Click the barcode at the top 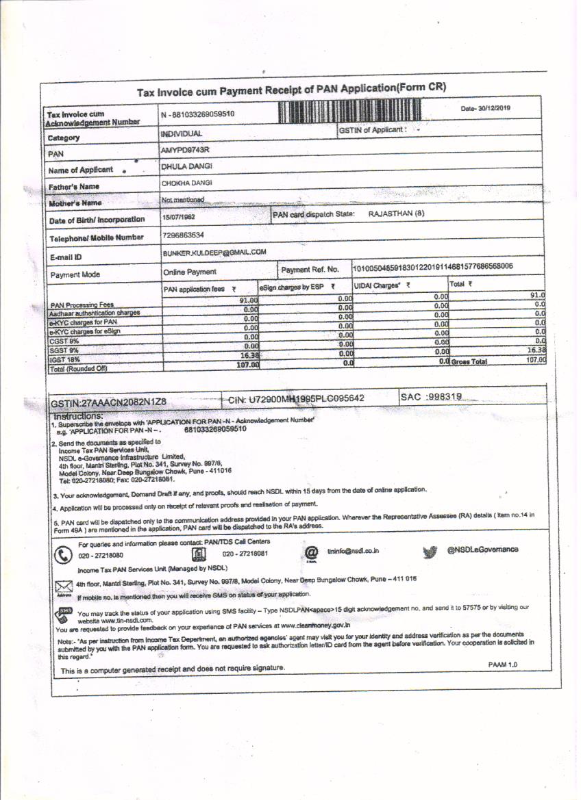pos(349,111)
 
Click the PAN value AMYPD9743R pos(185,149)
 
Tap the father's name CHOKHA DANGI pos(186,183)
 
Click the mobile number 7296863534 pos(183,235)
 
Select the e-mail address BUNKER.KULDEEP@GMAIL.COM pos(213,253)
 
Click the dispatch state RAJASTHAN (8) pos(397,214)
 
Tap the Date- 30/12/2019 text pos(486,108)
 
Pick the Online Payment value pos(190,272)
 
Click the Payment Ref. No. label pos(310,270)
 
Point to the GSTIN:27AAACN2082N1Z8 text pos(109,403)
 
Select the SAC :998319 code pos(431,397)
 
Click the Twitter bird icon pos(430,552)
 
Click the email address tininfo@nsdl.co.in pos(353,550)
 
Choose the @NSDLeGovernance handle pos(482,550)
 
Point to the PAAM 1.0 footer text pos(502,664)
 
